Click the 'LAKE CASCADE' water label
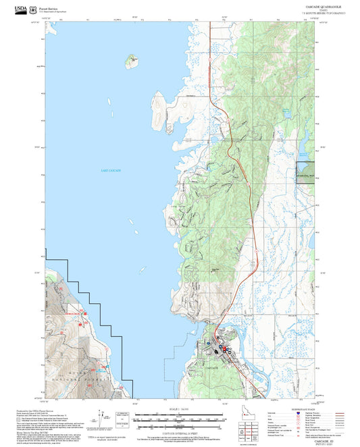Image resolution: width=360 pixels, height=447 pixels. (110, 171)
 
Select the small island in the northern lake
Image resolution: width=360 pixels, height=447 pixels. (132, 61)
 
